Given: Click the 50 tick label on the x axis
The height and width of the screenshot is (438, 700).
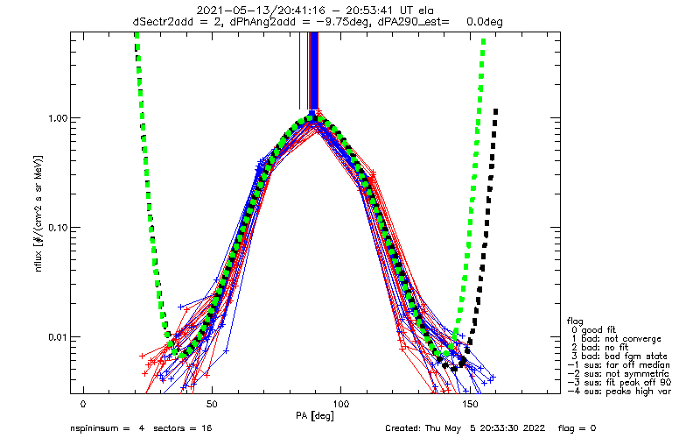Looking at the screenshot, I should [x=212, y=404].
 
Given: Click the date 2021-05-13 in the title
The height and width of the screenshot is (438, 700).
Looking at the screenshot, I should [x=231, y=10].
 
